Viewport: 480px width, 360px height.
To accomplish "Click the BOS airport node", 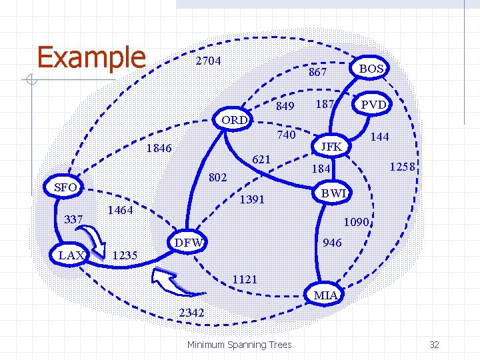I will click(371, 69).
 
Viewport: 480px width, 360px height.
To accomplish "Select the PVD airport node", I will click(373, 105).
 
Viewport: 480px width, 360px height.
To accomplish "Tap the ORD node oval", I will click(235, 120).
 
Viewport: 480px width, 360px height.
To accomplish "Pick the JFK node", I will click(331, 146).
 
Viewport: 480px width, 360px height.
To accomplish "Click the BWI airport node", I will click(332, 193).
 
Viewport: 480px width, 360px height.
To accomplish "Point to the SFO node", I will click(65, 187).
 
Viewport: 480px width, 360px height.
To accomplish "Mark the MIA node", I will click(325, 295).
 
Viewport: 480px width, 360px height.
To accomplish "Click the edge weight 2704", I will click(208, 61).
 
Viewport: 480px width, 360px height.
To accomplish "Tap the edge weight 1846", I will click(159, 148).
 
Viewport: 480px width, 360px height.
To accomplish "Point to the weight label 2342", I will click(191, 312).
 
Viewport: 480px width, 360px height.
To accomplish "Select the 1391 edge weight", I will click(252, 199).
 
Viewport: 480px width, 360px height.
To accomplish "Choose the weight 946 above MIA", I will click(331, 243).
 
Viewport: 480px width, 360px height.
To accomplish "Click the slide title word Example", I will click(91, 57).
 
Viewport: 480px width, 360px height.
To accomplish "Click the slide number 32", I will click(434, 345).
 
